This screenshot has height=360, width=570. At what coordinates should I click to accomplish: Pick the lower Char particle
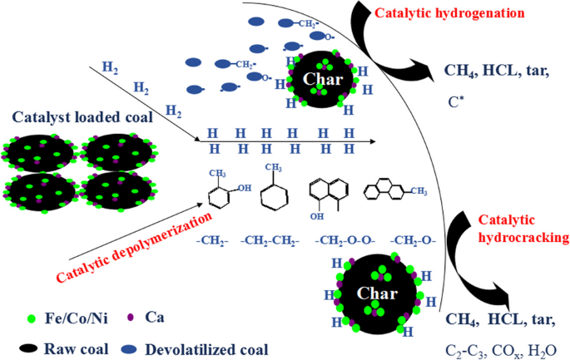377,293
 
